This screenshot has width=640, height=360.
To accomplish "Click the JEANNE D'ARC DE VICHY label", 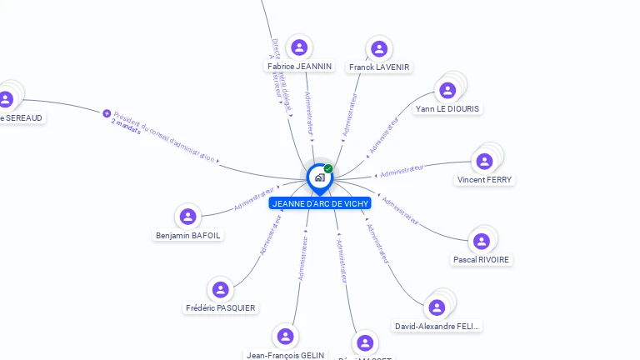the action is tap(320, 203).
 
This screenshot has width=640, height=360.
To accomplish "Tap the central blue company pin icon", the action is tap(318, 177).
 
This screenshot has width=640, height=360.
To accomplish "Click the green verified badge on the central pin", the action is tap(328, 168).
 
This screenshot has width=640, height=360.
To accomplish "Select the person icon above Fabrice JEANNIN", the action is tap(299, 47).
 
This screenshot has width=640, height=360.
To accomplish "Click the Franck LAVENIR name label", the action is tap(379, 67).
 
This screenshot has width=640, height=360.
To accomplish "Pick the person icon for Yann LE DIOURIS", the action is tap(448, 90).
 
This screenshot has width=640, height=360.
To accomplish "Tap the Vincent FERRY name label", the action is tap(485, 180).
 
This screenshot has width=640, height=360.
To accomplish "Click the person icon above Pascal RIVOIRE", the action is tap(481, 242).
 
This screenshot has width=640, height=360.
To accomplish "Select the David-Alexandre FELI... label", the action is tap(437, 327).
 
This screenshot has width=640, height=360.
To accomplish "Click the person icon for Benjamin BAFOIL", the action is tap(188, 217).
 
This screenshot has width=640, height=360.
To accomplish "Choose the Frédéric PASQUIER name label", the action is tap(221, 308).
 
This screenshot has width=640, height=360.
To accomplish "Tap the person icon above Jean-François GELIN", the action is tap(285, 337).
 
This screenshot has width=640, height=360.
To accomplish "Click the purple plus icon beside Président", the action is tap(107, 113).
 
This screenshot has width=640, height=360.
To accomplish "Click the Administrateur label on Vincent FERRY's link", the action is tap(402, 171).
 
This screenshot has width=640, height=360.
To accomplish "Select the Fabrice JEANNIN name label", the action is tap(299, 66).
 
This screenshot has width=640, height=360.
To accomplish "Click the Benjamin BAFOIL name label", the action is tap(188, 236).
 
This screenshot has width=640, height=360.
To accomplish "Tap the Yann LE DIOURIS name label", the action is tap(448, 109).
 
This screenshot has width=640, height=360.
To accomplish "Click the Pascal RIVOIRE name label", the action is tap(482, 260).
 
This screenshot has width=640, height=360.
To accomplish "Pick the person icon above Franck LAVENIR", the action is tap(379, 48).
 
